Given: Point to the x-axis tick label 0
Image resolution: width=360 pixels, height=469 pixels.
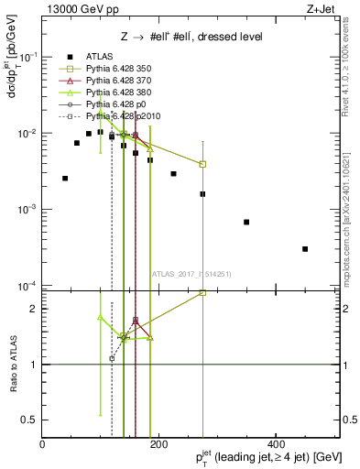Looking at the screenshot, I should (x=42, y=444).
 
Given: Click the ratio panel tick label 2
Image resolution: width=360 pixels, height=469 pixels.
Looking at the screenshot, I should (x=33, y=309).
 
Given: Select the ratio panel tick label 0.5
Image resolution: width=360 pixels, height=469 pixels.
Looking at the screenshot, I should (x=30, y=420).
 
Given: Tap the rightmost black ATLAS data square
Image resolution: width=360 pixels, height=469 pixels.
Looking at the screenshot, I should (x=305, y=249).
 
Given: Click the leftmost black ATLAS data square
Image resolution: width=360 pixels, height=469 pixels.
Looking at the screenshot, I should (x=65, y=179).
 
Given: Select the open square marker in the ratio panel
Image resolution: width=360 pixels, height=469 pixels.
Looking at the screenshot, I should (x=202, y=292).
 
